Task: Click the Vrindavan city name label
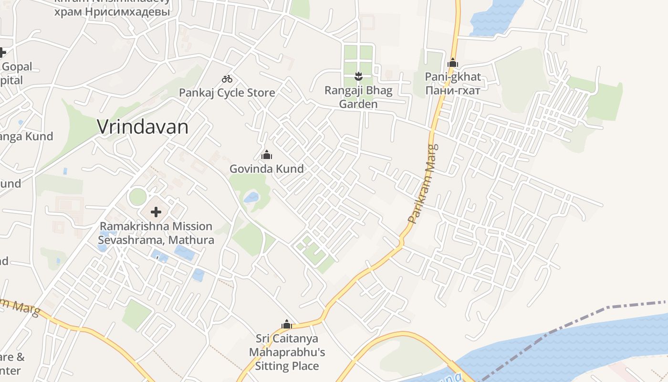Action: [x=143, y=127]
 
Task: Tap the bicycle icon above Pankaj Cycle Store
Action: [x=227, y=79]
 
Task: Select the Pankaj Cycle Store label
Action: [x=227, y=93]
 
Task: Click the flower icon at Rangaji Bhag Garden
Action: [x=358, y=76]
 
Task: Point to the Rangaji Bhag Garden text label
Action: [x=358, y=97]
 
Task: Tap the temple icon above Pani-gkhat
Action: [x=453, y=63]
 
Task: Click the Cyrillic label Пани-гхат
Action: [x=453, y=90]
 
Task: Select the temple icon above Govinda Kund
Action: [x=267, y=155]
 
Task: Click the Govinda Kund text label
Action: [x=267, y=169]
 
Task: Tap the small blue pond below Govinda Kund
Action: [x=251, y=198]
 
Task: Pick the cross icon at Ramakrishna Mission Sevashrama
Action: [x=156, y=212]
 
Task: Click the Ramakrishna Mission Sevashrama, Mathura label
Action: [x=156, y=233]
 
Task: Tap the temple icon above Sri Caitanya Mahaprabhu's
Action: [x=286, y=325]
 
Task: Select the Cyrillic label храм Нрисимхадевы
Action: [x=112, y=11]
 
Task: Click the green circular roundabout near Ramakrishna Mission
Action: [x=137, y=197]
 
